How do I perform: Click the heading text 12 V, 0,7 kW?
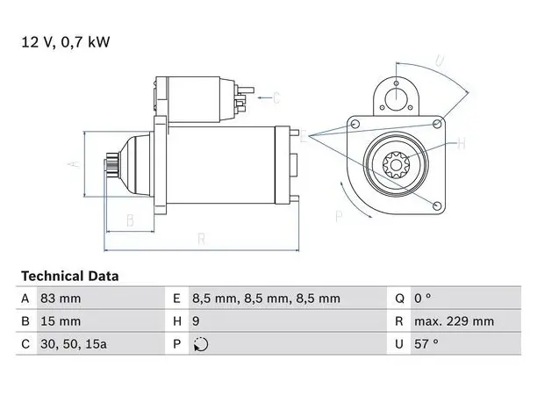point(66,42)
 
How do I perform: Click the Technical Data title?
point(70,277)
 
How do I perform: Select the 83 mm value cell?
point(61,299)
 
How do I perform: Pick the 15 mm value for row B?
point(61,321)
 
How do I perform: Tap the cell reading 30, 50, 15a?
point(74,344)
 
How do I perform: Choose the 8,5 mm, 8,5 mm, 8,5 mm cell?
point(266,299)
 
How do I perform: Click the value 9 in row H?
point(196,321)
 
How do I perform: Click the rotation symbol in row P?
point(201,344)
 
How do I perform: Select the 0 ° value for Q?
point(423,299)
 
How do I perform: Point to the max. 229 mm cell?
point(455,321)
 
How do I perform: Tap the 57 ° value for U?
point(426,343)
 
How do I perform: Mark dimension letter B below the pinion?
point(130,220)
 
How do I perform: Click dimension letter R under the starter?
point(202,239)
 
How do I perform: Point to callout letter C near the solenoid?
point(276,98)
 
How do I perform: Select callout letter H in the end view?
point(462,144)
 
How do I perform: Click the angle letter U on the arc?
point(440,61)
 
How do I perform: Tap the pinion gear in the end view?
point(396,166)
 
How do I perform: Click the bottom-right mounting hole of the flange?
point(437,205)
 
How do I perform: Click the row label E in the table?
point(176,299)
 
